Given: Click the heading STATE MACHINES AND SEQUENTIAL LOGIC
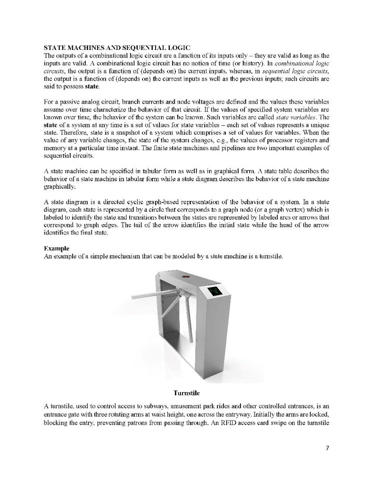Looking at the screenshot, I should coord(117,48).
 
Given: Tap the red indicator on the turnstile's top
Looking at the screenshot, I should coord(187,278).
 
